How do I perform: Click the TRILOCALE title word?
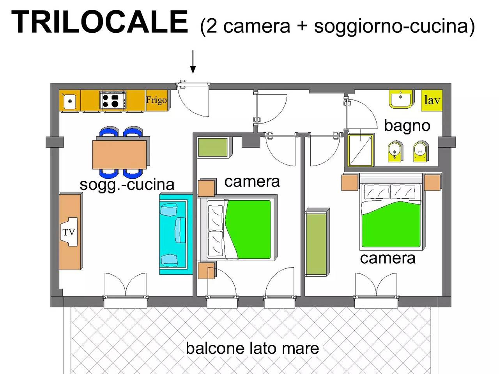[x=99, y=22]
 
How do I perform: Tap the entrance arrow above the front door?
[x=193, y=62]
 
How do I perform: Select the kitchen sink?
[x=69, y=101]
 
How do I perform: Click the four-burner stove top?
[x=113, y=101]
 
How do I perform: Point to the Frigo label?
[x=156, y=100]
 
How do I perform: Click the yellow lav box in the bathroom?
[x=432, y=101]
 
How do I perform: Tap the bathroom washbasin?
[x=401, y=99]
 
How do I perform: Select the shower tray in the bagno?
[x=360, y=150]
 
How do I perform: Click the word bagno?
[x=407, y=126]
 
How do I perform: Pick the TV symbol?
[x=69, y=232]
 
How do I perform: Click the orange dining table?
[x=119, y=154]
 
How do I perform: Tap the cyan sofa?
[x=176, y=233]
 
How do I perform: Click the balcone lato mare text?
[x=252, y=348]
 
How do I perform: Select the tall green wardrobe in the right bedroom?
[x=317, y=242]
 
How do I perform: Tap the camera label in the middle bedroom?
[x=252, y=182]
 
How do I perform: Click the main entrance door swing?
[x=193, y=100]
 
